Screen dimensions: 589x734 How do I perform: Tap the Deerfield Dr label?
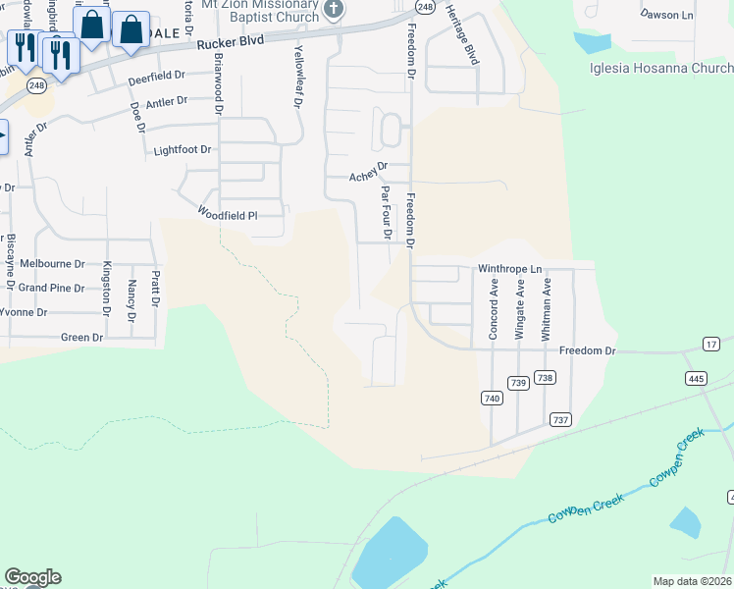pyautogui.click(x=156, y=76)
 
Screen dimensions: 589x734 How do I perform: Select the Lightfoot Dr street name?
pyautogui.click(x=183, y=150)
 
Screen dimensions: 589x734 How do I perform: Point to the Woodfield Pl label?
pyautogui.click(x=227, y=213)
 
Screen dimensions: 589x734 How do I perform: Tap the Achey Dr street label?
pyautogui.click(x=369, y=177)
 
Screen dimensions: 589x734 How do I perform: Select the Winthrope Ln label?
pyautogui.click(x=509, y=268)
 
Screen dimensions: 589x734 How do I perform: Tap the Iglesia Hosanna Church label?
pyautogui.click(x=661, y=68)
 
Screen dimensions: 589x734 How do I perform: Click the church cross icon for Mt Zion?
pyautogui.click(x=334, y=10)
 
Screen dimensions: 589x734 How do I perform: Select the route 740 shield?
pyautogui.click(x=493, y=398)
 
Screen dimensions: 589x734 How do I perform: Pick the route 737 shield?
pyautogui.click(x=560, y=419)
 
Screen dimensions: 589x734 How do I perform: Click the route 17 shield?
pyautogui.click(x=711, y=344)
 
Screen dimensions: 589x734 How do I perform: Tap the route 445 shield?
pyautogui.click(x=697, y=378)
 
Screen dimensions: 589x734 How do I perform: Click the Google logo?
pyautogui.click(x=32, y=577)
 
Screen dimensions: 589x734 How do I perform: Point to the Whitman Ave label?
pyautogui.click(x=548, y=307)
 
